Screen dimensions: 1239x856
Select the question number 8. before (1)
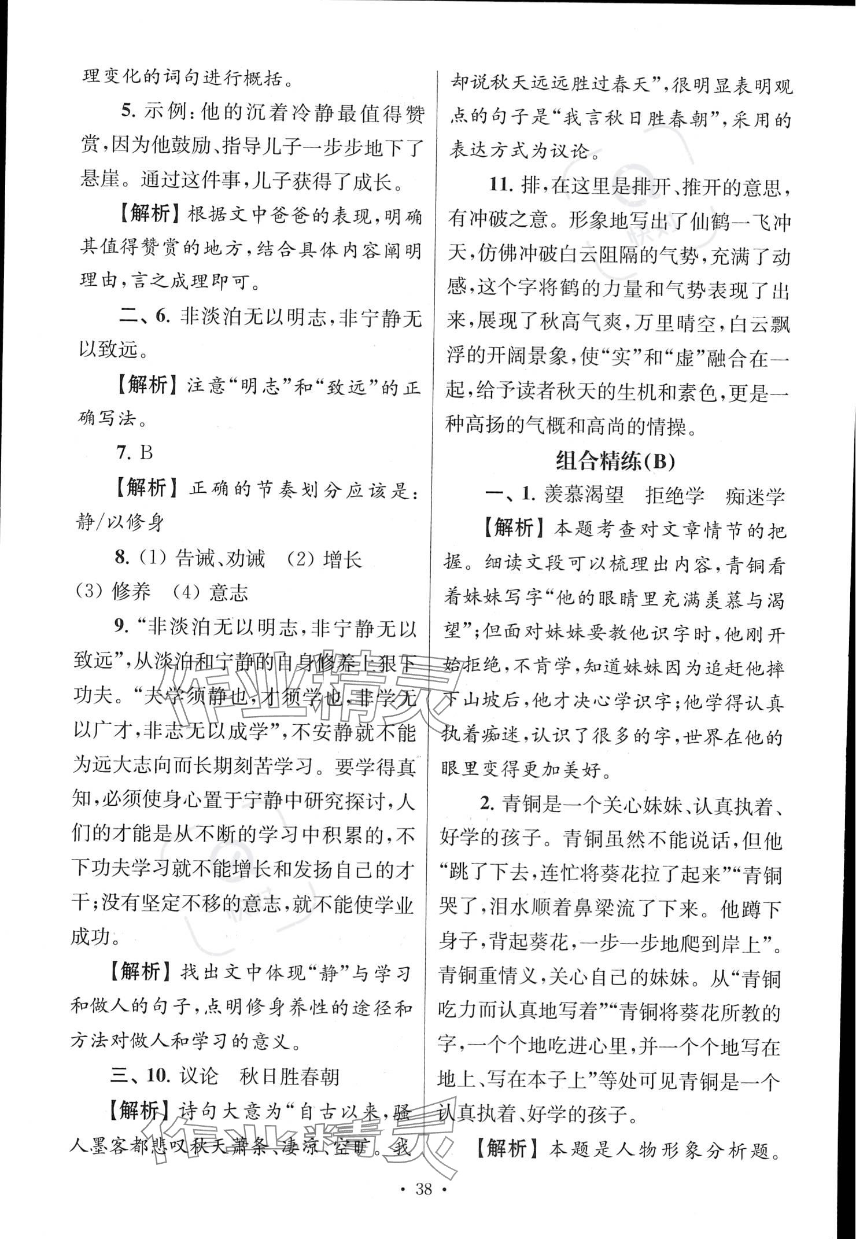click(121, 558)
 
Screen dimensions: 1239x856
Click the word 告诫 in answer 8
click(195, 558)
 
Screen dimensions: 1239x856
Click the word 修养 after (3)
click(131, 592)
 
